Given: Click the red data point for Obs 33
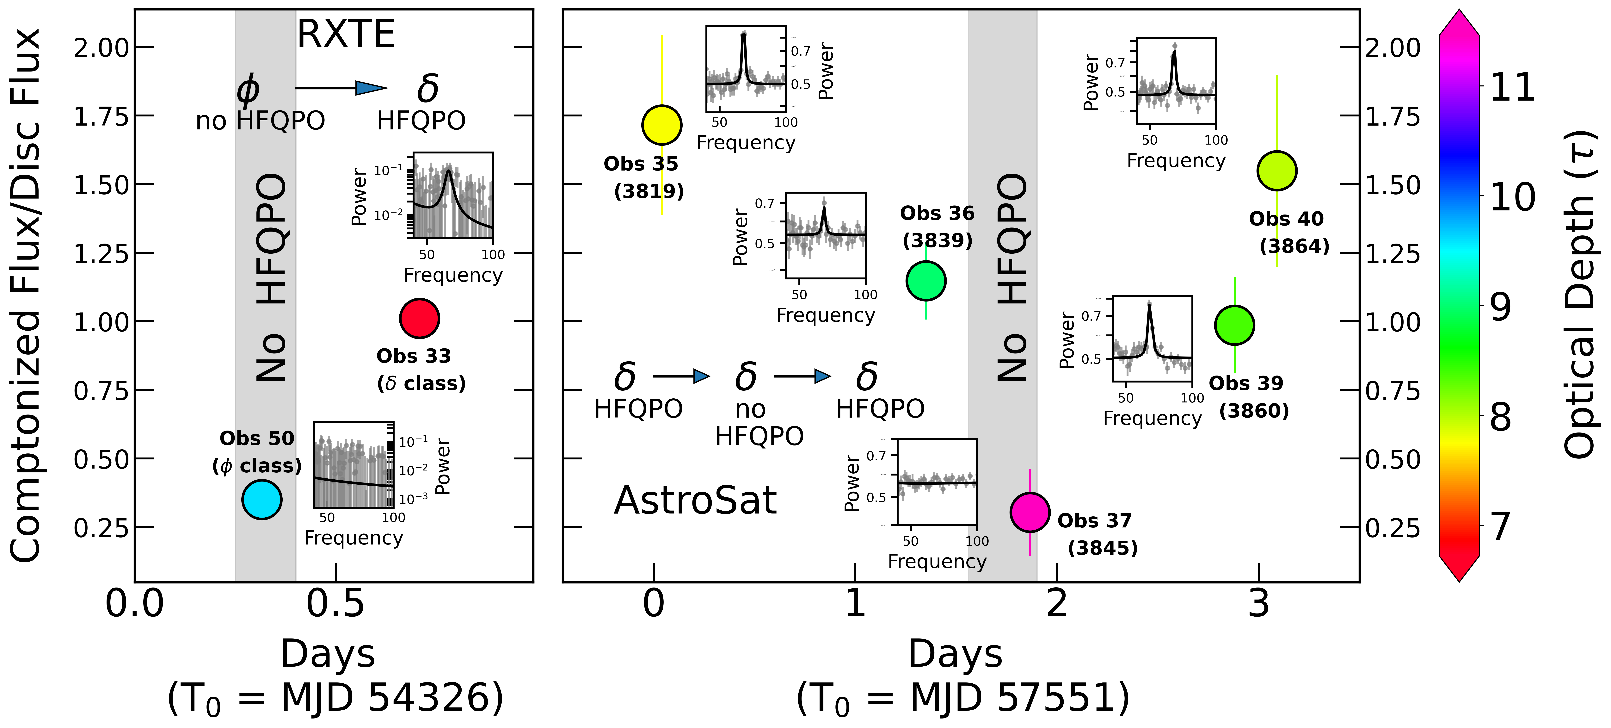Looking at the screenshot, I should tap(419, 318).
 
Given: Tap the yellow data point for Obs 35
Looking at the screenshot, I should tap(662, 125).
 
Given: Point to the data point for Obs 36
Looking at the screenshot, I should tap(925, 281).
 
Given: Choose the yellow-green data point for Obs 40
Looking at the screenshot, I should tap(1276, 171).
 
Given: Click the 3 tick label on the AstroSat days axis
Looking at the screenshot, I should tap(1258, 604).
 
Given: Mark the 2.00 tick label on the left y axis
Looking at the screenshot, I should tap(101, 47).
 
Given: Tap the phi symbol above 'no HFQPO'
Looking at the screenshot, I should tap(248, 89).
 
